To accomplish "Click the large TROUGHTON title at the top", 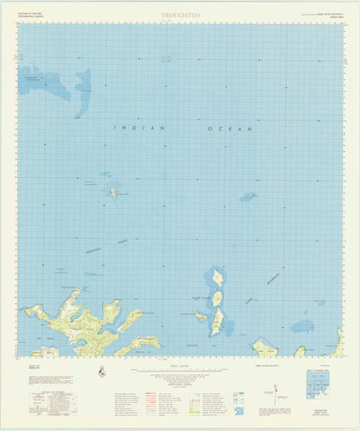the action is click(x=181, y=16).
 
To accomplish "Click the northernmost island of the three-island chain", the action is click(x=215, y=277).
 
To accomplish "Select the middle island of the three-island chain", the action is click(x=216, y=298).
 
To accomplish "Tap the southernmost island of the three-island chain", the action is click(x=216, y=321).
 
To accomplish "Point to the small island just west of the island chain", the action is click(x=200, y=315).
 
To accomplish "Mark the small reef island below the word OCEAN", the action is click(x=248, y=196).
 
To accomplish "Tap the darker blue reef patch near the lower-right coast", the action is click(x=303, y=326).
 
